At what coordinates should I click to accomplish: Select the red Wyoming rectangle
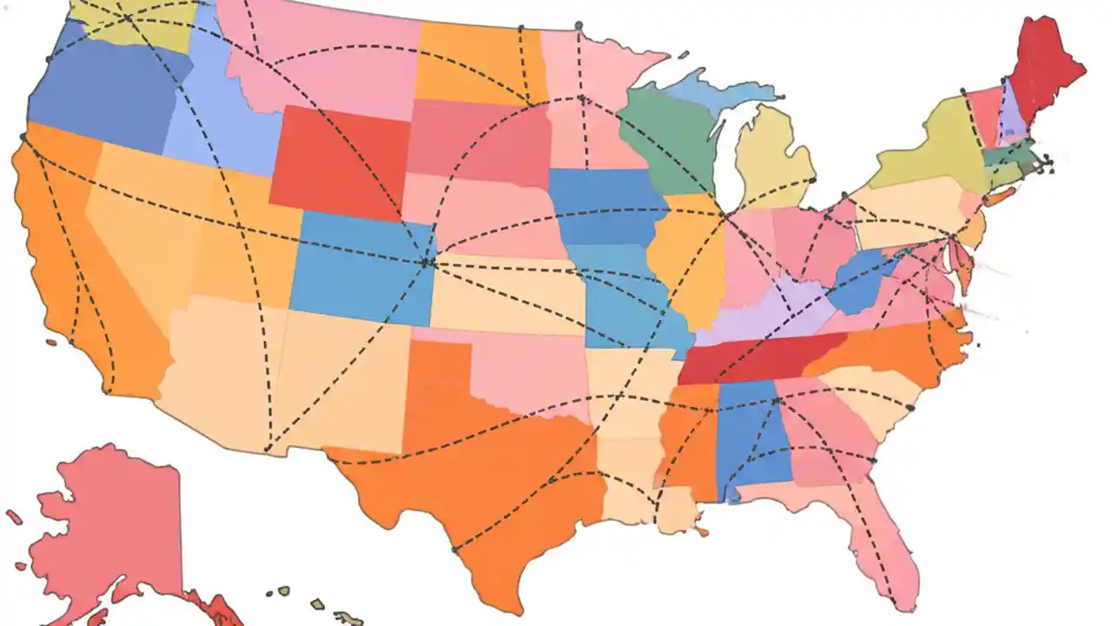(x=339, y=161)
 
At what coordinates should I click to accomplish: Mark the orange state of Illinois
(x=686, y=261)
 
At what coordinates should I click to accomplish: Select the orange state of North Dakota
(x=478, y=61)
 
